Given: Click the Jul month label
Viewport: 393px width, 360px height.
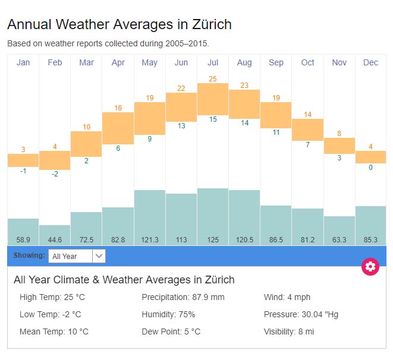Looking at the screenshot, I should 213,62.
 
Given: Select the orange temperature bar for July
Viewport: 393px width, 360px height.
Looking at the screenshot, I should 213,99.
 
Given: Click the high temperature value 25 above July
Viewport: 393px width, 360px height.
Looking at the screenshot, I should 213,78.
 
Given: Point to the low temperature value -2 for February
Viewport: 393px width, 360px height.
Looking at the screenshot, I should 55,174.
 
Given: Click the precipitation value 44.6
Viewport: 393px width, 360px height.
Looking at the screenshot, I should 55,240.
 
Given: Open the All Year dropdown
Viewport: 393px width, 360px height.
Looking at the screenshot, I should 77,256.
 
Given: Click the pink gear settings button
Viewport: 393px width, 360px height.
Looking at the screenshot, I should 370,266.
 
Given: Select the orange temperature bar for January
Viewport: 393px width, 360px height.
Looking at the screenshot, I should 23,160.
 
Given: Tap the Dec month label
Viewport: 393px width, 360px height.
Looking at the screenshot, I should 370,62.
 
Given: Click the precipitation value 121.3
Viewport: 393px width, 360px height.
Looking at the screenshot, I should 150,240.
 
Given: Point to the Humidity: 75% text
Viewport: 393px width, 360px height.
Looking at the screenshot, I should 168,314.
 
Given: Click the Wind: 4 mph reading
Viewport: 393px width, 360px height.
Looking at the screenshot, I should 287,297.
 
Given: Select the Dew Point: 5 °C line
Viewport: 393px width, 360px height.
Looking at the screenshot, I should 171,331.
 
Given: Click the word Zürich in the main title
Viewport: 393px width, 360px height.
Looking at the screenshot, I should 212,25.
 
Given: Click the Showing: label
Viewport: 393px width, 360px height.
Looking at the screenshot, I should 29,256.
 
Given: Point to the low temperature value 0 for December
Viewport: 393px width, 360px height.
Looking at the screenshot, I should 370,168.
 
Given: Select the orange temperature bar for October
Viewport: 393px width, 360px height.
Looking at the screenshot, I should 307,130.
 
